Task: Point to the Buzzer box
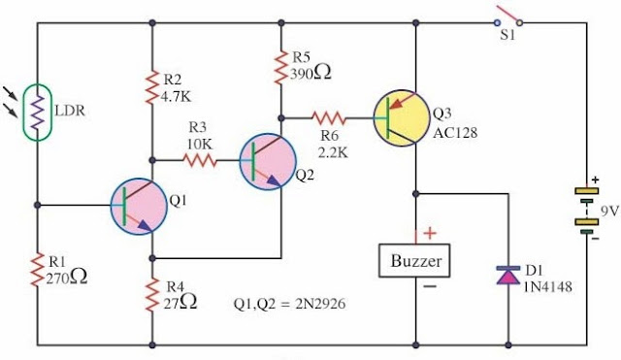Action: point(416,261)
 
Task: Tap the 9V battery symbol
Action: point(584,208)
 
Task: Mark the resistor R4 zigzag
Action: point(152,295)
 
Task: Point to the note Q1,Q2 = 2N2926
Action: point(289,301)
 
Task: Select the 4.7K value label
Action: point(179,96)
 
